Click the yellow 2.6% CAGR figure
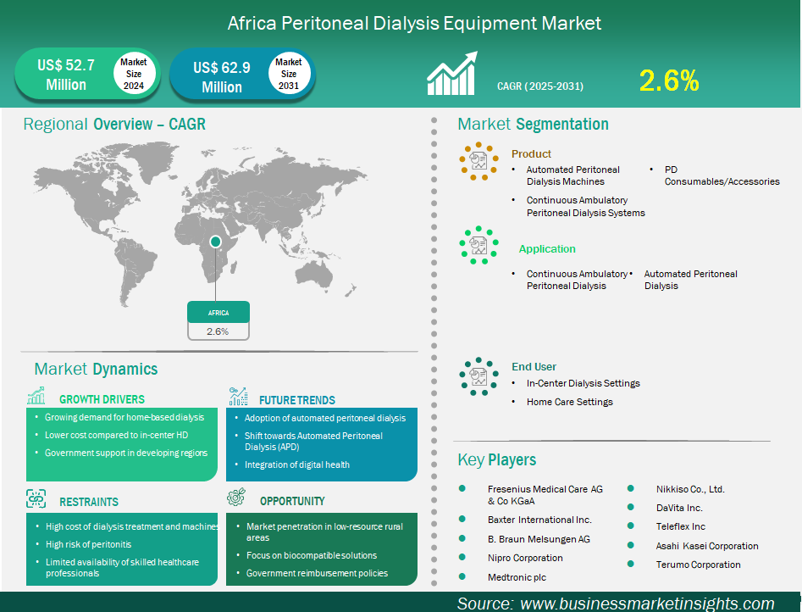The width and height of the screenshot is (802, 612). pyautogui.click(x=669, y=81)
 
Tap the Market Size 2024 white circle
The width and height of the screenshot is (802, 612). pyautogui.click(x=134, y=73)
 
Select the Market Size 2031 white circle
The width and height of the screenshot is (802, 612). pyautogui.click(x=289, y=73)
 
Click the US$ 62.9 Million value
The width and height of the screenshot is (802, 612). pyautogui.click(x=222, y=77)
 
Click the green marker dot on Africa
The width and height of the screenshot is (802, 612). pyautogui.click(x=215, y=242)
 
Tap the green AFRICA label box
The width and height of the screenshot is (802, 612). pyautogui.click(x=218, y=312)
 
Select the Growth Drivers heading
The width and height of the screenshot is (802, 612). pyautogui.click(x=102, y=399)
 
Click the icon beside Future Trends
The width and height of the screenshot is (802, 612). pyautogui.click(x=238, y=397)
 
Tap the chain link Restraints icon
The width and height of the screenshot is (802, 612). pyautogui.click(x=36, y=498)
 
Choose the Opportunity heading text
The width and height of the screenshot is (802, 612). pyautogui.click(x=292, y=501)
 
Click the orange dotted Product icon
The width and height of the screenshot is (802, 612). pyautogui.click(x=478, y=161)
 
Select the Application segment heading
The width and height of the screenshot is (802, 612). pyautogui.click(x=547, y=249)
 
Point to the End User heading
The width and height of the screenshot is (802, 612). pyautogui.click(x=534, y=367)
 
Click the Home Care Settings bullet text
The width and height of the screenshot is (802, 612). pyautogui.click(x=570, y=402)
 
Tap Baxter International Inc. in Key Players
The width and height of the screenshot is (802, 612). pyautogui.click(x=539, y=520)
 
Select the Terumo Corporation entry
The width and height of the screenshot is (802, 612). pyautogui.click(x=698, y=565)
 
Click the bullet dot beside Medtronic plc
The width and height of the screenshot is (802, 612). pyautogui.click(x=462, y=576)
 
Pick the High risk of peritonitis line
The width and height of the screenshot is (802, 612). pyautogui.click(x=88, y=544)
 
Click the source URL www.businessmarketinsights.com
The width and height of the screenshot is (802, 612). pyautogui.click(x=647, y=604)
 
